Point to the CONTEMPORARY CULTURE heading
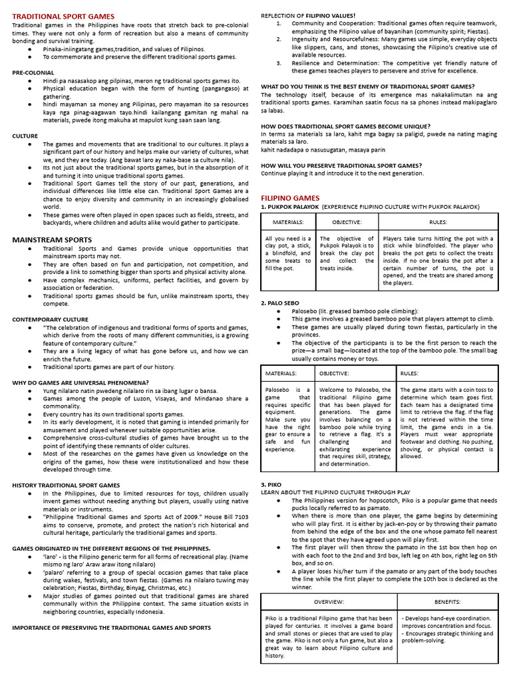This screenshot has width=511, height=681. click(50, 319)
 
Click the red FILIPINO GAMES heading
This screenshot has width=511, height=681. click(290, 198)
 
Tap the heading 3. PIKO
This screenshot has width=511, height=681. click(273, 483)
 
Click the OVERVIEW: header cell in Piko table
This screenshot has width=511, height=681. click(329, 601)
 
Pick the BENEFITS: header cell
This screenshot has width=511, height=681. click(447, 601)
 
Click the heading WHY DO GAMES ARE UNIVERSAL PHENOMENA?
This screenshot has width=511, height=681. click(80, 382)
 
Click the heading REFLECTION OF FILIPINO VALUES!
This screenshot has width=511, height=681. click(308, 15)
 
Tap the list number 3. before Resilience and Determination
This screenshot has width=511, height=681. click(279, 63)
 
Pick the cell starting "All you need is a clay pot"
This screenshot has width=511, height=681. click(287, 253)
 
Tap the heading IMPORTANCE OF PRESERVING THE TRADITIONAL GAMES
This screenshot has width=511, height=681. click(111, 627)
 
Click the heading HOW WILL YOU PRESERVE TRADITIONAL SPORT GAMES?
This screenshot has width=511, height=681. click(341, 165)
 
